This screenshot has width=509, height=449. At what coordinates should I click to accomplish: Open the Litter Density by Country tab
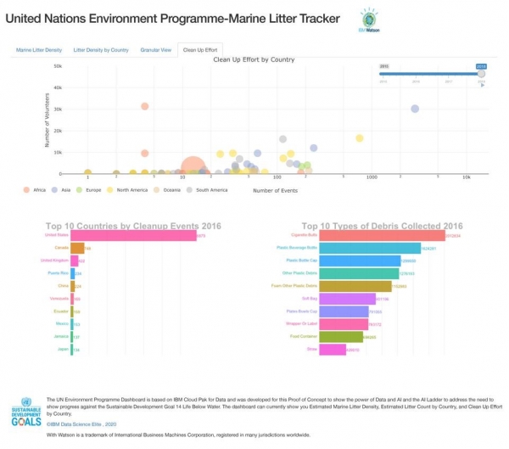coord(101,50)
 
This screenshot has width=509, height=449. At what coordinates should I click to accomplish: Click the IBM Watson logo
coord(369,21)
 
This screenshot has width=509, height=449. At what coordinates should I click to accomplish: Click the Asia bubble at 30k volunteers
coord(415,109)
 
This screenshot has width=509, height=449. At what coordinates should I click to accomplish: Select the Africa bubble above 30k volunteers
coord(145,106)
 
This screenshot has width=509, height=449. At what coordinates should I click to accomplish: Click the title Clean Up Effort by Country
coord(253,60)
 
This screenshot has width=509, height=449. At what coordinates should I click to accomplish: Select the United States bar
coord(132,235)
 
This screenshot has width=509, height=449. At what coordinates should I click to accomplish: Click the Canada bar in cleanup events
coord(76,248)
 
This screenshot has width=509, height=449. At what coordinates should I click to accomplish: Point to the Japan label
coord(61,349)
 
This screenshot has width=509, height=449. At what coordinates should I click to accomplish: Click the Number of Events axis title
coord(275,190)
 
